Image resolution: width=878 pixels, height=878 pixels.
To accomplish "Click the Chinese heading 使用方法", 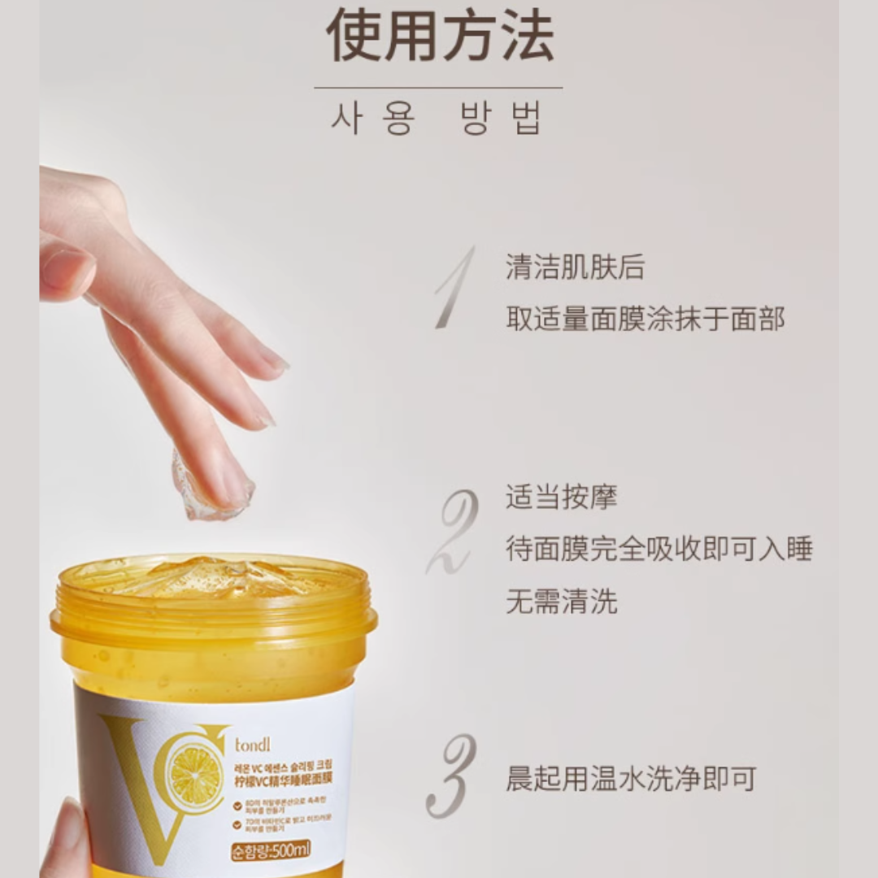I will [x=439, y=37].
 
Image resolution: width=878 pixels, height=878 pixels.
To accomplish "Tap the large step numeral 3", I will [x=452, y=776].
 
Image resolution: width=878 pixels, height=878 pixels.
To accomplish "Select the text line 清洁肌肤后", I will [x=575, y=267].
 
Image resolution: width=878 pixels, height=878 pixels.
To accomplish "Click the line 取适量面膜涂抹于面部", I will [x=645, y=319].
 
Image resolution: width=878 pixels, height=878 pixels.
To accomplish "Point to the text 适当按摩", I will [x=561, y=497].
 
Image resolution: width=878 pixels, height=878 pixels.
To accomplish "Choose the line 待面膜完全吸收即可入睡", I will [x=658, y=549].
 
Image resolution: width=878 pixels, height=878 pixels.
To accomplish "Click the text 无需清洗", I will [x=561, y=602].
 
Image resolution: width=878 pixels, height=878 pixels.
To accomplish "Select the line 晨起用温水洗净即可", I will [x=631, y=778].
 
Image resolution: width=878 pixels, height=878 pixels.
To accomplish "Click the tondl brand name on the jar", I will [x=254, y=744].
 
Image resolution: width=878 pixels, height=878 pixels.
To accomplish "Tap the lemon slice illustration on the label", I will [x=195, y=776].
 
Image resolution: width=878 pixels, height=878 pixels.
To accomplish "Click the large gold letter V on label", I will [x=138, y=780].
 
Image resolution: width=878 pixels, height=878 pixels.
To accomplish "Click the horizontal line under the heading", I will [x=438, y=88].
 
